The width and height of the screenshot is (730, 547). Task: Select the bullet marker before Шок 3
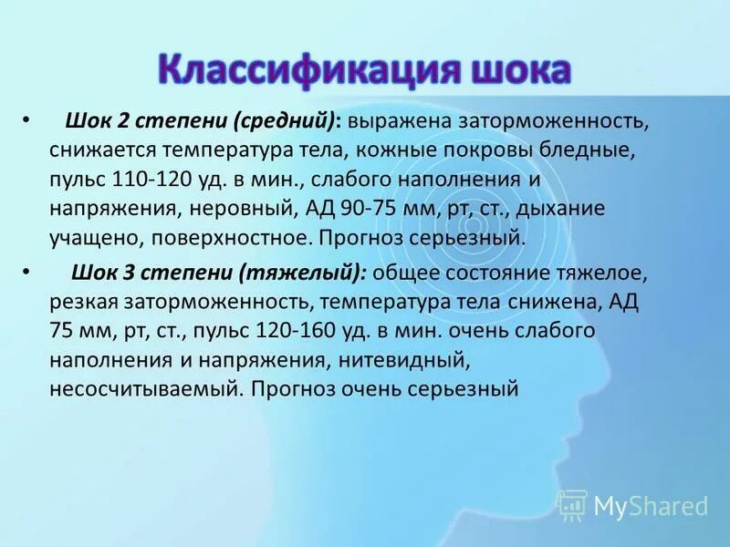pos(26,272)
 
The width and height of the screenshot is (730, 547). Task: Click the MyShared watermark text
pos(652,504)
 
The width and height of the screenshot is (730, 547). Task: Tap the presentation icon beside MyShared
pos(572,503)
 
